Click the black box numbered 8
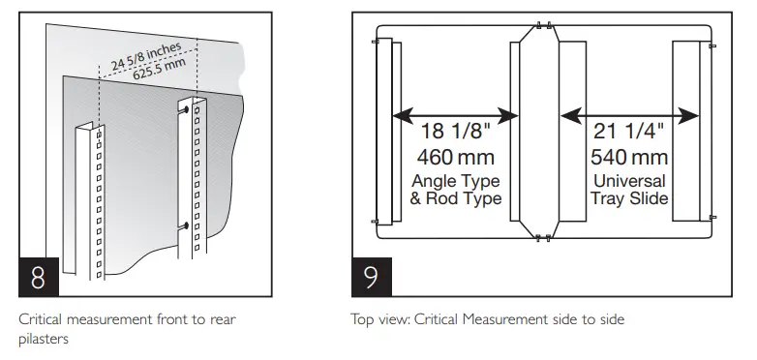point(39,277)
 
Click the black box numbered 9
point(372,277)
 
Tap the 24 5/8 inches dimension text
point(146,56)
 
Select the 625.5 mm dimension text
point(160,70)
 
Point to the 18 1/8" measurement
point(455,132)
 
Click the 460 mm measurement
point(455,158)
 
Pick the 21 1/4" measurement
point(628,132)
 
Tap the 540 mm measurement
point(629,158)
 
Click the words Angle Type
point(455,181)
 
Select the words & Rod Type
point(455,198)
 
